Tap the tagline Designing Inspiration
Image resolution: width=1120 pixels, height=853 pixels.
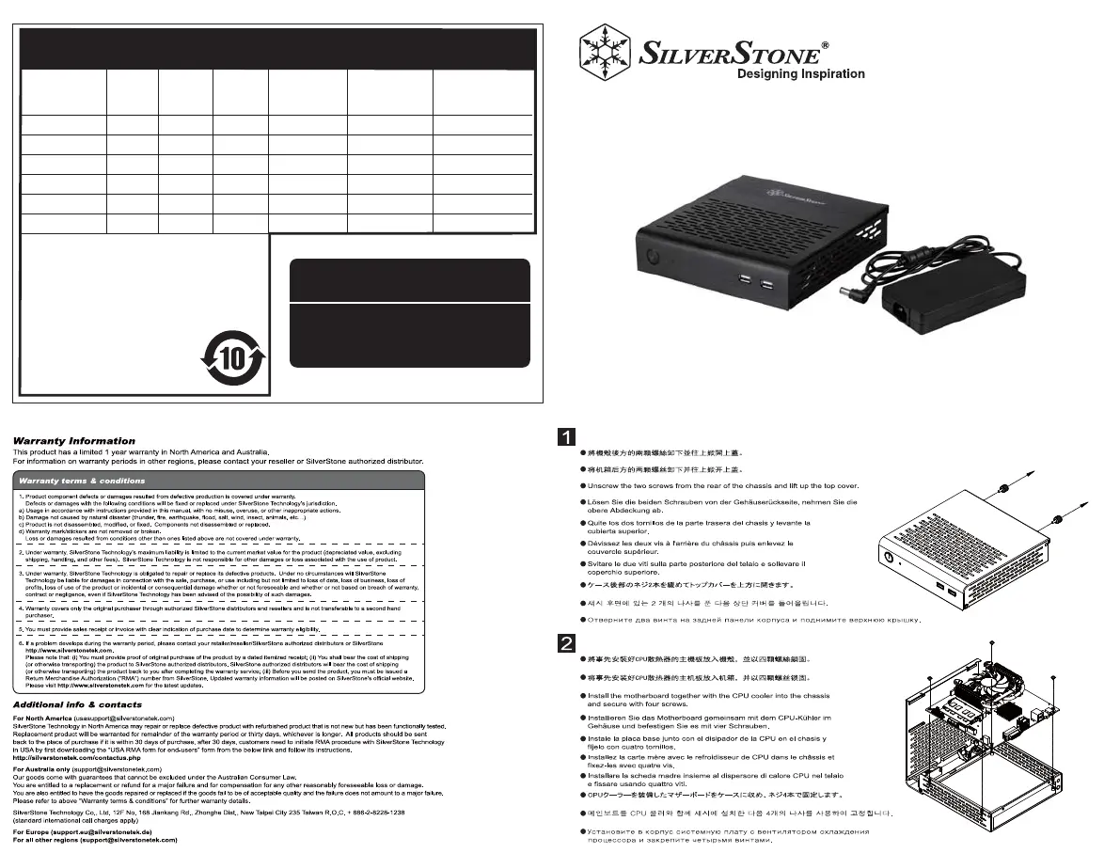point(800,74)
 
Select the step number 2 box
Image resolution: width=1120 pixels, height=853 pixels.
point(567,644)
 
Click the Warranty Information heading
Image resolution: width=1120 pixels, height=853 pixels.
point(73,440)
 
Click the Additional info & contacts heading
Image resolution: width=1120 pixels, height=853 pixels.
point(77,703)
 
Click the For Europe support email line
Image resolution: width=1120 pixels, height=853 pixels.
point(95,835)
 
